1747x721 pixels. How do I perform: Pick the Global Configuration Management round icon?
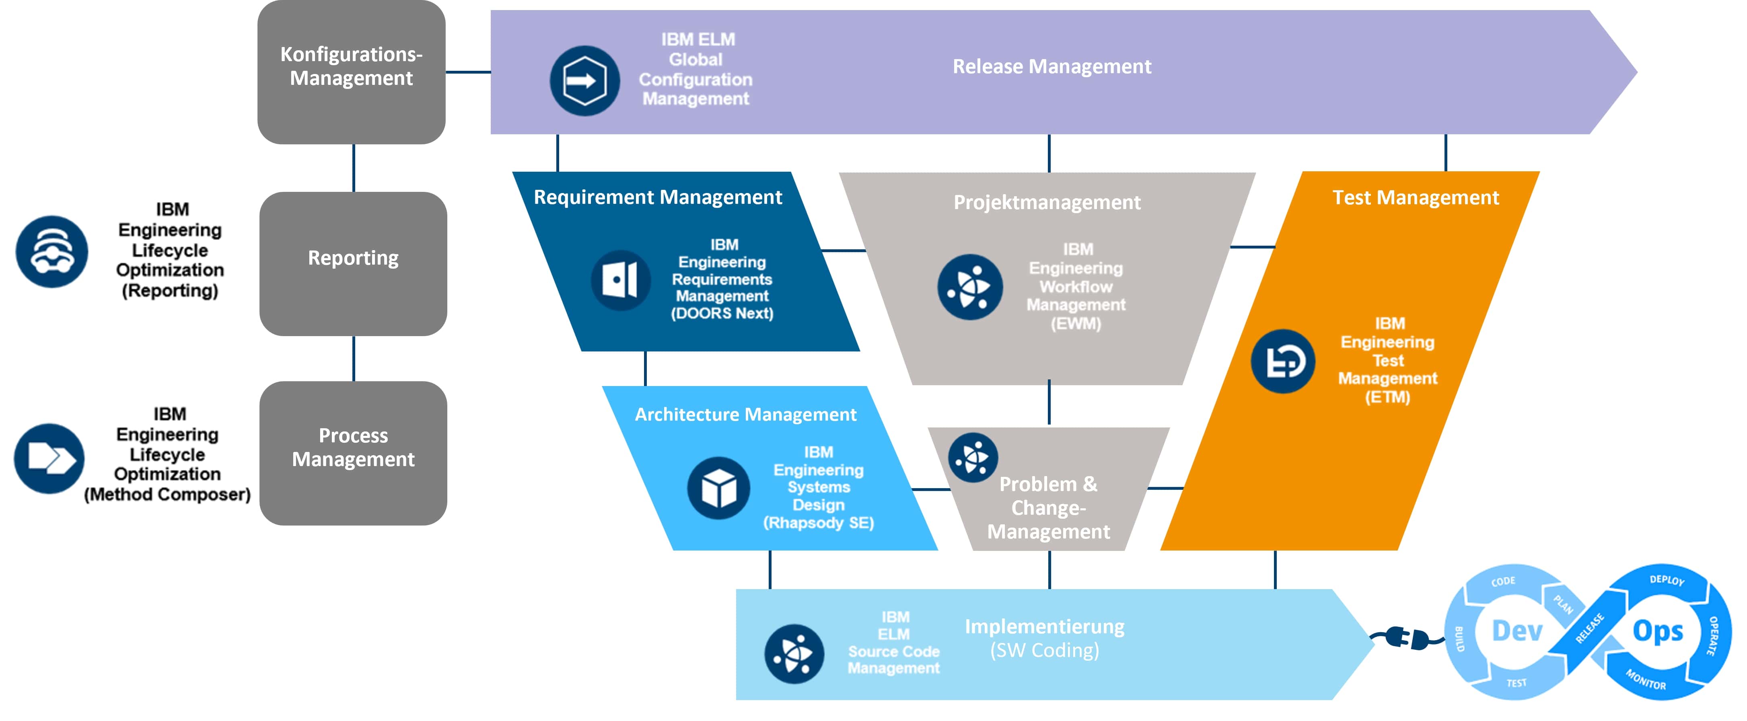[584, 81]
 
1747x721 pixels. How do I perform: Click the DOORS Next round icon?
[621, 280]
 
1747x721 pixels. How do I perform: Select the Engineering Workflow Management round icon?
[970, 287]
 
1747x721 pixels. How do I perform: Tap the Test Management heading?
[1416, 197]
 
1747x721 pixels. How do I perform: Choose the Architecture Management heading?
[745, 415]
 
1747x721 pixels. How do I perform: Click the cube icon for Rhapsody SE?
[718, 488]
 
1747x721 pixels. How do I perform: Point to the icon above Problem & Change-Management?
[973, 458]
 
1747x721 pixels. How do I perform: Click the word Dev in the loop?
[1517, 631]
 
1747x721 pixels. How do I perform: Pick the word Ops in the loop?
[1657, 631]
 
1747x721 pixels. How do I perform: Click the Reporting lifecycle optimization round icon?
[51, 252]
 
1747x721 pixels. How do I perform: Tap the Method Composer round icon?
[49, 458]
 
